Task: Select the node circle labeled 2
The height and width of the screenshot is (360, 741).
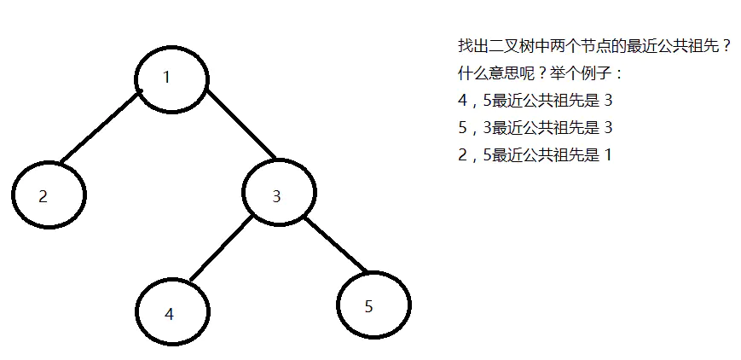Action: point(49,195)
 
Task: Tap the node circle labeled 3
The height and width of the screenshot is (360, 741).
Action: point(279,195)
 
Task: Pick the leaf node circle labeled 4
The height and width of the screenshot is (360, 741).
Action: point(173,312)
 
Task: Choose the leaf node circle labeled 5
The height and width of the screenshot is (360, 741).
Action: point(373,305)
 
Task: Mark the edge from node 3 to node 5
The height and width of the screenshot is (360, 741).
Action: point(336,245)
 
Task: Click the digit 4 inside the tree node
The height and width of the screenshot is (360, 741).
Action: point(169,314)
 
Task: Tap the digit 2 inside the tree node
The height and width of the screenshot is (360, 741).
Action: point(43,196)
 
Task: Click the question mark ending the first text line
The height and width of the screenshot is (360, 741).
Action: point(726,46)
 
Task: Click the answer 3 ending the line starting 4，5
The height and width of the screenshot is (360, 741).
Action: point(608,101)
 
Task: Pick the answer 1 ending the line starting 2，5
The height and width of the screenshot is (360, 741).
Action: point(608,155)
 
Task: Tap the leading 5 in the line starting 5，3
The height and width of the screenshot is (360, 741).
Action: point(462,128)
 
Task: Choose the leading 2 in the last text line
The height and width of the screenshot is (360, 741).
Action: point(462,155)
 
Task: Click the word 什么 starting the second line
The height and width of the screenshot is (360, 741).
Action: point(472,73)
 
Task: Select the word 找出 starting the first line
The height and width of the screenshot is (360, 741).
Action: point(472,46)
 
